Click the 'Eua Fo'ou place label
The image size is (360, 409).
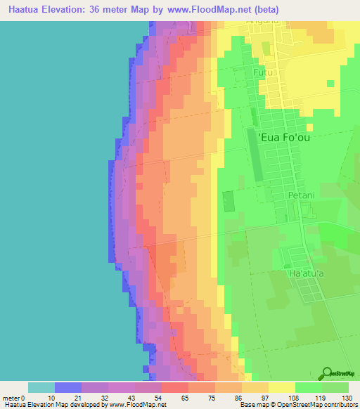(x=285, y=138)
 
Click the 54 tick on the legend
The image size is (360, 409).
(x=161, y=398)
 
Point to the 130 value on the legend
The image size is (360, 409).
(x=349, y=398)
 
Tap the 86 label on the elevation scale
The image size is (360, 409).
(x=241, y=398)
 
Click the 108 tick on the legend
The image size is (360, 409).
(x=294, y=398)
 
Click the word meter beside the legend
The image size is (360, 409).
(x=11, y=398)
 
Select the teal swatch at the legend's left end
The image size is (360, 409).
(x=41, y=387)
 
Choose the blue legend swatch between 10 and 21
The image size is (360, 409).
(x=68, y=387)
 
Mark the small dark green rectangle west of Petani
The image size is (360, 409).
(x=229, y=202)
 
